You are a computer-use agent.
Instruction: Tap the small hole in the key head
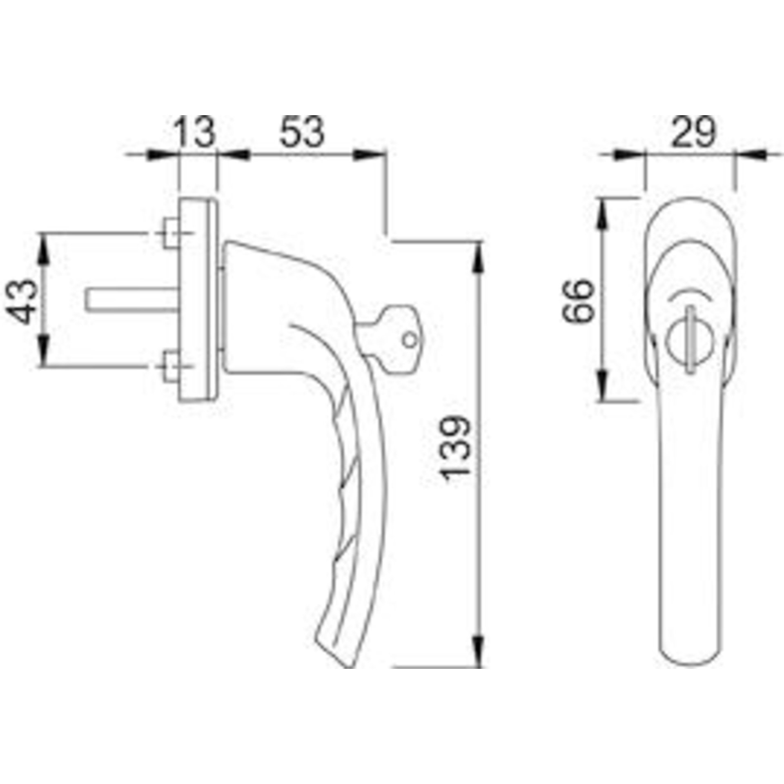click(410, 339)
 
